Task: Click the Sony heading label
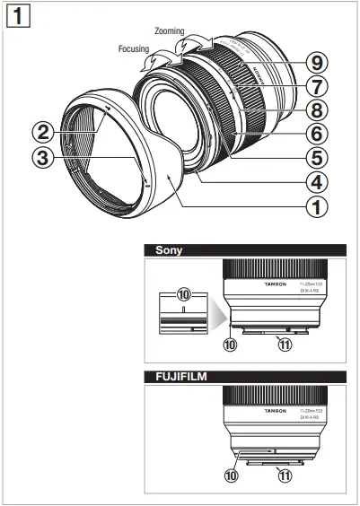pos(170,250)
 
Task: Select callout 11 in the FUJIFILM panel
pos(285,476)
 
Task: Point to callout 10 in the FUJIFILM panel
pos(233,476)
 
